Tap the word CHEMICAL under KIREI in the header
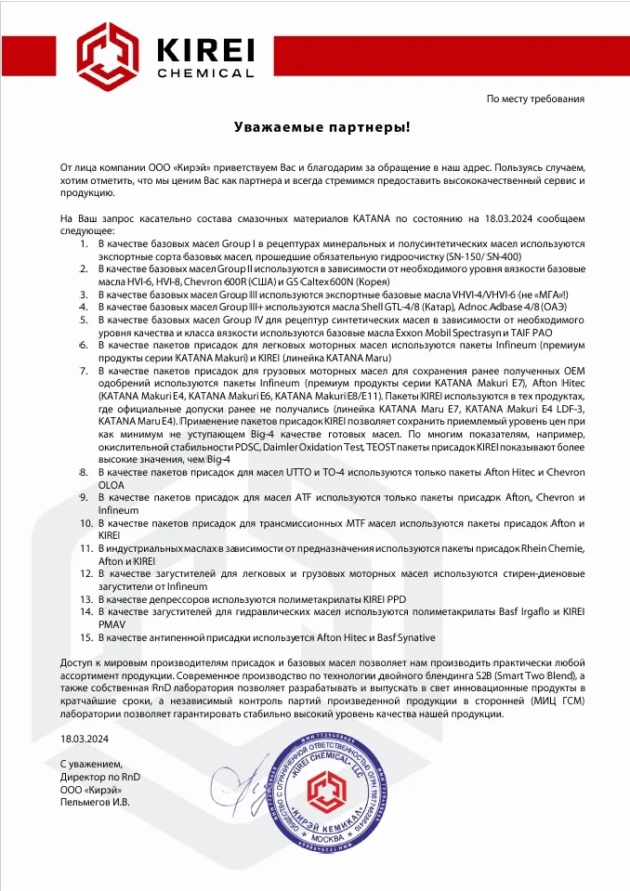click(205, 72)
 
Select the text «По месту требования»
click(535, 98)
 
